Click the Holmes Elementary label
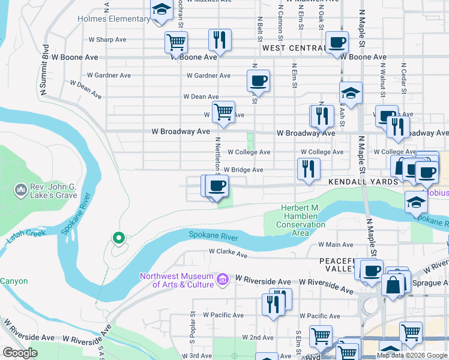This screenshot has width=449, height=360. (113, 19)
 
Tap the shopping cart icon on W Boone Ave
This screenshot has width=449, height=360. (176, 42)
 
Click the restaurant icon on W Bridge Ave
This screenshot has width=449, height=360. (309, 169)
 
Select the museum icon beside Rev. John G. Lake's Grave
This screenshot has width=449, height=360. (20, 190)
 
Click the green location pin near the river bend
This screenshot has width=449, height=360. (119, 238)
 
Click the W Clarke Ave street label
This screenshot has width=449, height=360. (228, 254)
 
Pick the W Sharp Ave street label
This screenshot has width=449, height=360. (107, 40)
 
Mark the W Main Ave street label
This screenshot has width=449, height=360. (336, 244)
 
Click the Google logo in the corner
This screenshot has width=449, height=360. (19, 353)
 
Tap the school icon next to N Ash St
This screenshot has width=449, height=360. (351, 94)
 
